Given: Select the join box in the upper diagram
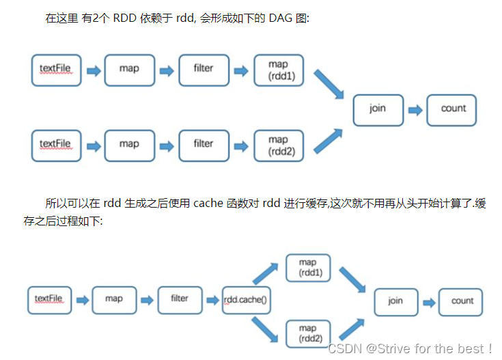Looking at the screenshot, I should click(x=378, y=109).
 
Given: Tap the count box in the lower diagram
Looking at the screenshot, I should click(x=462, y=301).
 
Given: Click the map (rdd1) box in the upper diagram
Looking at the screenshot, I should click(x=278, y=70).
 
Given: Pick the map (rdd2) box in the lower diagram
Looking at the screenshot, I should click(x=307, y=334).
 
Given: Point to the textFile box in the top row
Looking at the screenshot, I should click(x=55, y=69).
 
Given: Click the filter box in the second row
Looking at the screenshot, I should click(x=203, y=145).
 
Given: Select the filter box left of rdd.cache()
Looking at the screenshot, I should click(x=180, y=299).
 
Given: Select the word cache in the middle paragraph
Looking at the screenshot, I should click(x=208, y=203).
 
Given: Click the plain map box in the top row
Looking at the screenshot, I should click(x=129, y=69).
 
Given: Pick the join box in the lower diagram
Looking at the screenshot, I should click(x=395, y=301).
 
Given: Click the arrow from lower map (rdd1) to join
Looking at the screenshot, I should click(x=352, y=279).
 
